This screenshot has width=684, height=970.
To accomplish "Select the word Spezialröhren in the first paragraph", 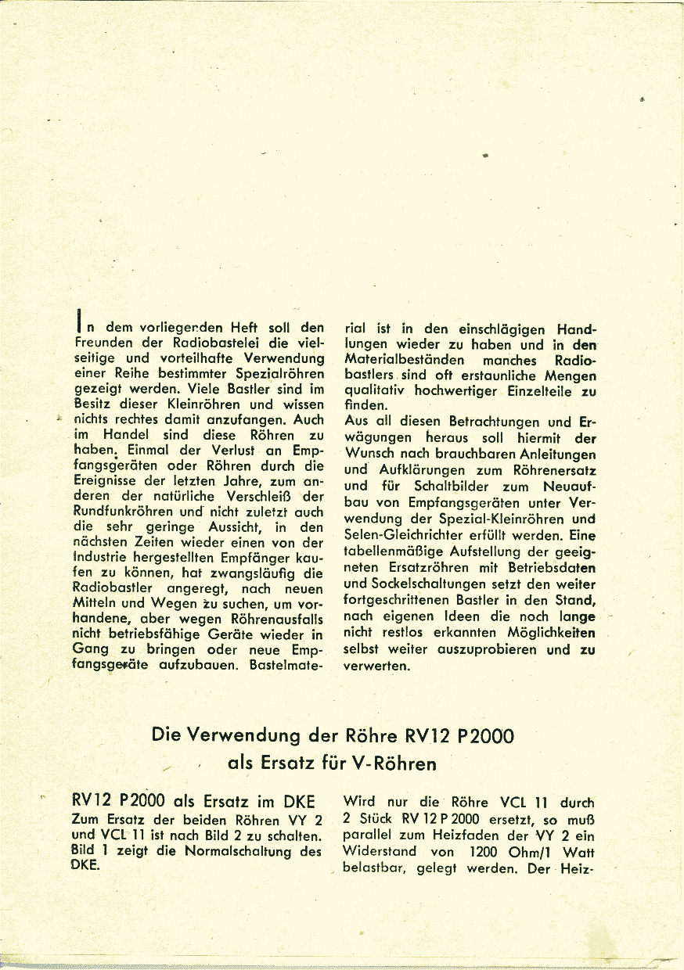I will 280,374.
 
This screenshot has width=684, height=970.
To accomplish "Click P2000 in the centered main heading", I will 481,735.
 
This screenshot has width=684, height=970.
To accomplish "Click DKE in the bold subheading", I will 297,802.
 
